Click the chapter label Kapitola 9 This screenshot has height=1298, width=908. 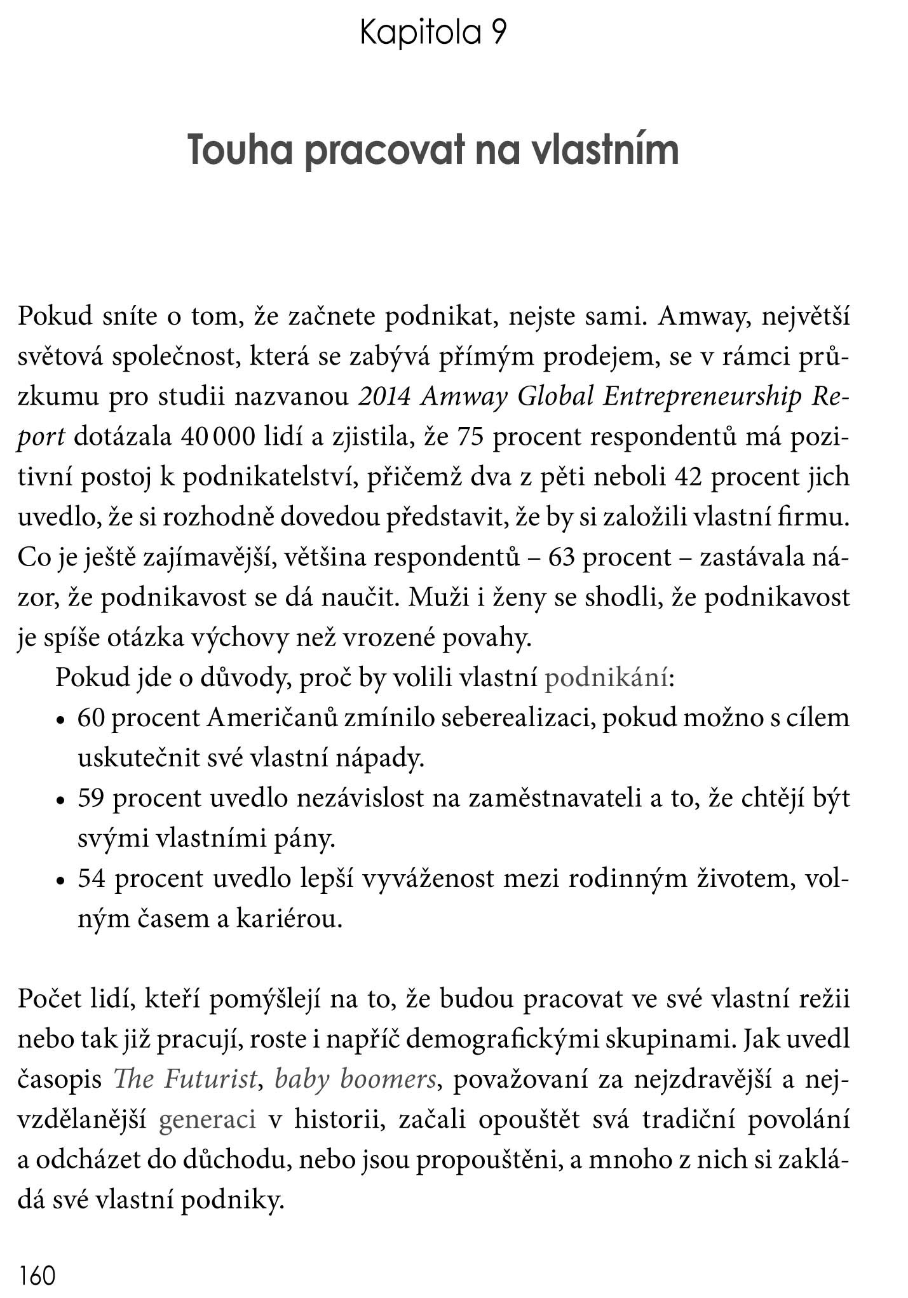click(433, 33)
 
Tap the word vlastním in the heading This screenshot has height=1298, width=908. click(605, 151)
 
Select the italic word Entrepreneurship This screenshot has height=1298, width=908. click(702, 398)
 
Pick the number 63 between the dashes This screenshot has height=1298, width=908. click(562, 557)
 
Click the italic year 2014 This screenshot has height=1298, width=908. click(384, 396)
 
